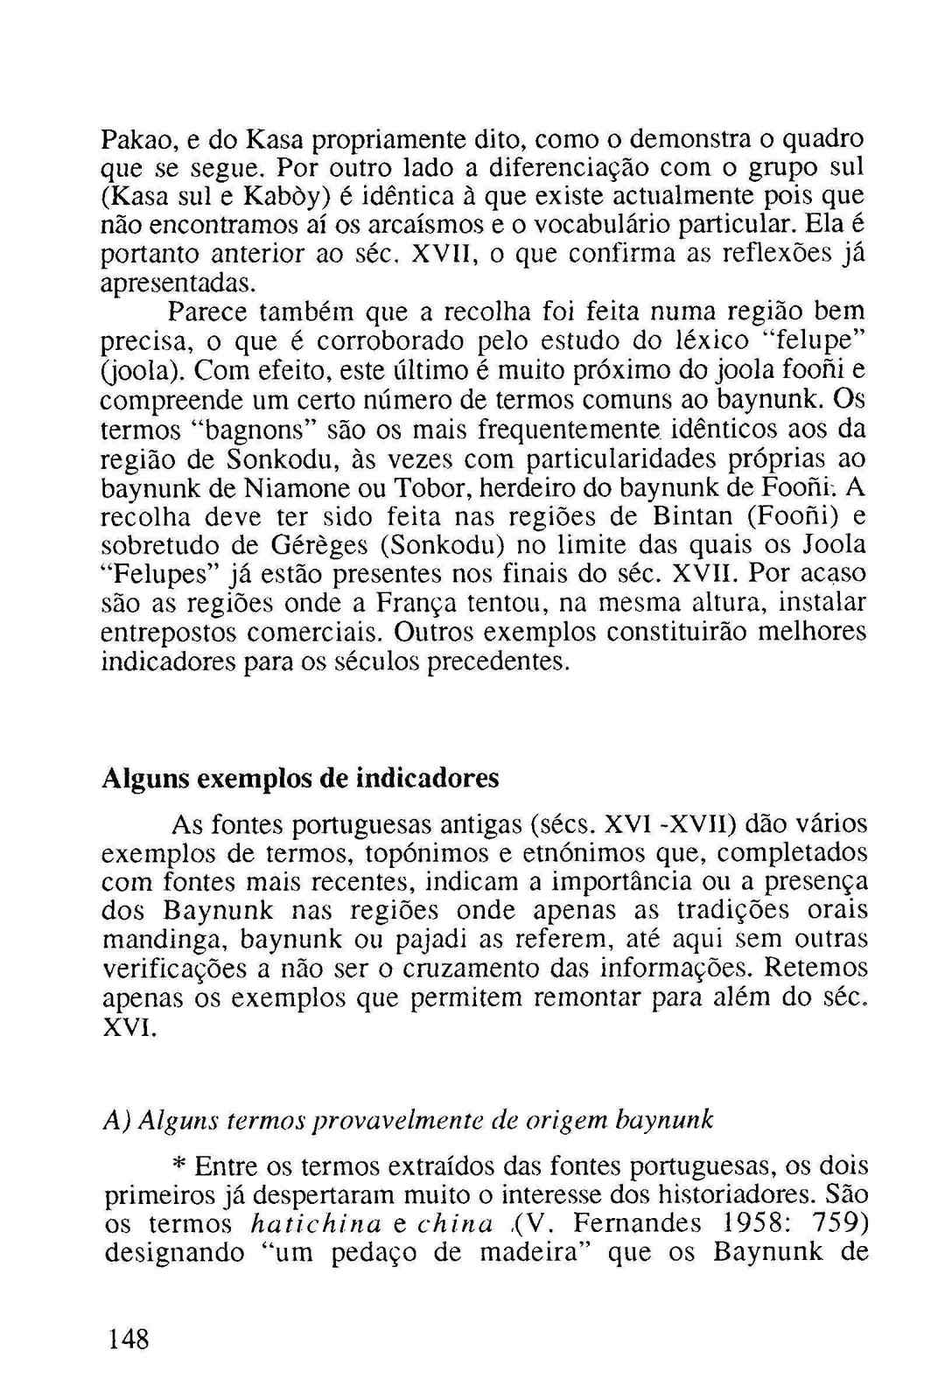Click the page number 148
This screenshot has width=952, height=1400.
pyautogui.click(x=127, y=1339)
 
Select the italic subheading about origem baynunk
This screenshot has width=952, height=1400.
pyautogui.click(x=408, y=1119)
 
